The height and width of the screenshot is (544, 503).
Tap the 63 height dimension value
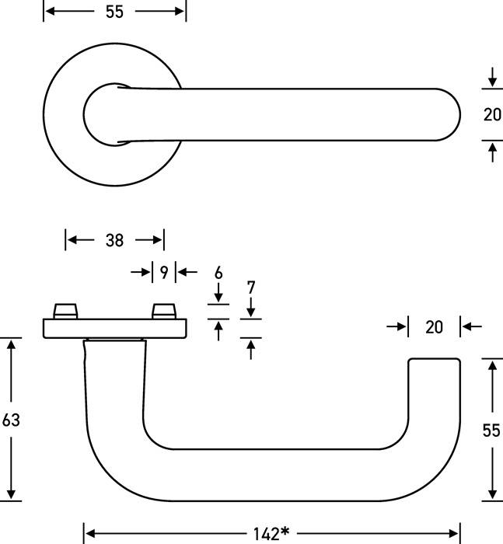pos(11,420)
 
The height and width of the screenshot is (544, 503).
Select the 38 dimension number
pos(114,240)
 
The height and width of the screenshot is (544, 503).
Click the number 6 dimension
pos(218,273)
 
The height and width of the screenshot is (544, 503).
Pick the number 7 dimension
pos(250,287)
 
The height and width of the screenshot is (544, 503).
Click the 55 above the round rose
pos(114,11)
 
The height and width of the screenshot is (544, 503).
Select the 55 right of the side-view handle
pos(491,430)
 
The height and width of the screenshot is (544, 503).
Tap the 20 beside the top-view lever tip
pos(491,115)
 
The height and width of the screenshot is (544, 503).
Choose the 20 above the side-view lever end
pos(434,327)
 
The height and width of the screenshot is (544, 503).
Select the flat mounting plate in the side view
pos(114,329)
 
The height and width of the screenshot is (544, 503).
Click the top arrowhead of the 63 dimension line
pos(11,344)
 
